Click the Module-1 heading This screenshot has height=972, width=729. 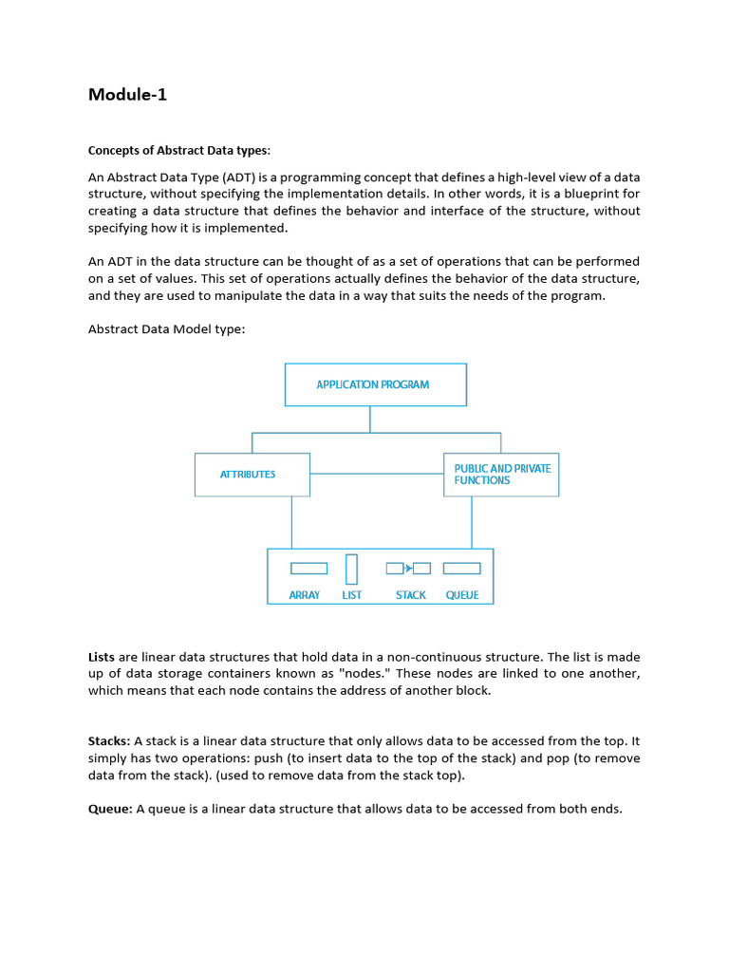[x=127, y=94]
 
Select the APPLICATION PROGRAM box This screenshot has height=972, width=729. [x=375, y=384]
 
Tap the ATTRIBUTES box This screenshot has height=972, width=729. [x=252, y=475]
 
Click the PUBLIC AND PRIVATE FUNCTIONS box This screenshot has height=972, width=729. [x=501, y=475]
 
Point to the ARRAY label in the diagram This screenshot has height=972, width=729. [x=305, y=595]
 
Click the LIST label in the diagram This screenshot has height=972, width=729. [x=352, y=595]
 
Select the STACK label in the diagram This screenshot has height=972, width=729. [x=411, y=595]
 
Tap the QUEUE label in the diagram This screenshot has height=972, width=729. [x=462, y=595]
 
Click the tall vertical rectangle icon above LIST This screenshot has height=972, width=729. [x=352, y=569]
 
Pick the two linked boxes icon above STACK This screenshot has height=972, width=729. [x=408, y=569]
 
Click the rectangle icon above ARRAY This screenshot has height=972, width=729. [x=308, y=569]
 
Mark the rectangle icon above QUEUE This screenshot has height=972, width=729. [x=462, y=569]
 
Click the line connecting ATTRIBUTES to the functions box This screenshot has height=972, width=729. [x=376, y=473]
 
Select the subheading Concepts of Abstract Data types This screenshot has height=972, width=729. [x=179, y=150]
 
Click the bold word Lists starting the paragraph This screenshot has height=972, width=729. [x=102, y=657]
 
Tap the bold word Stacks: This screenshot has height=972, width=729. [x=109, y=740]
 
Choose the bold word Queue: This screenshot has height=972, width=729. [x=110, y=809]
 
